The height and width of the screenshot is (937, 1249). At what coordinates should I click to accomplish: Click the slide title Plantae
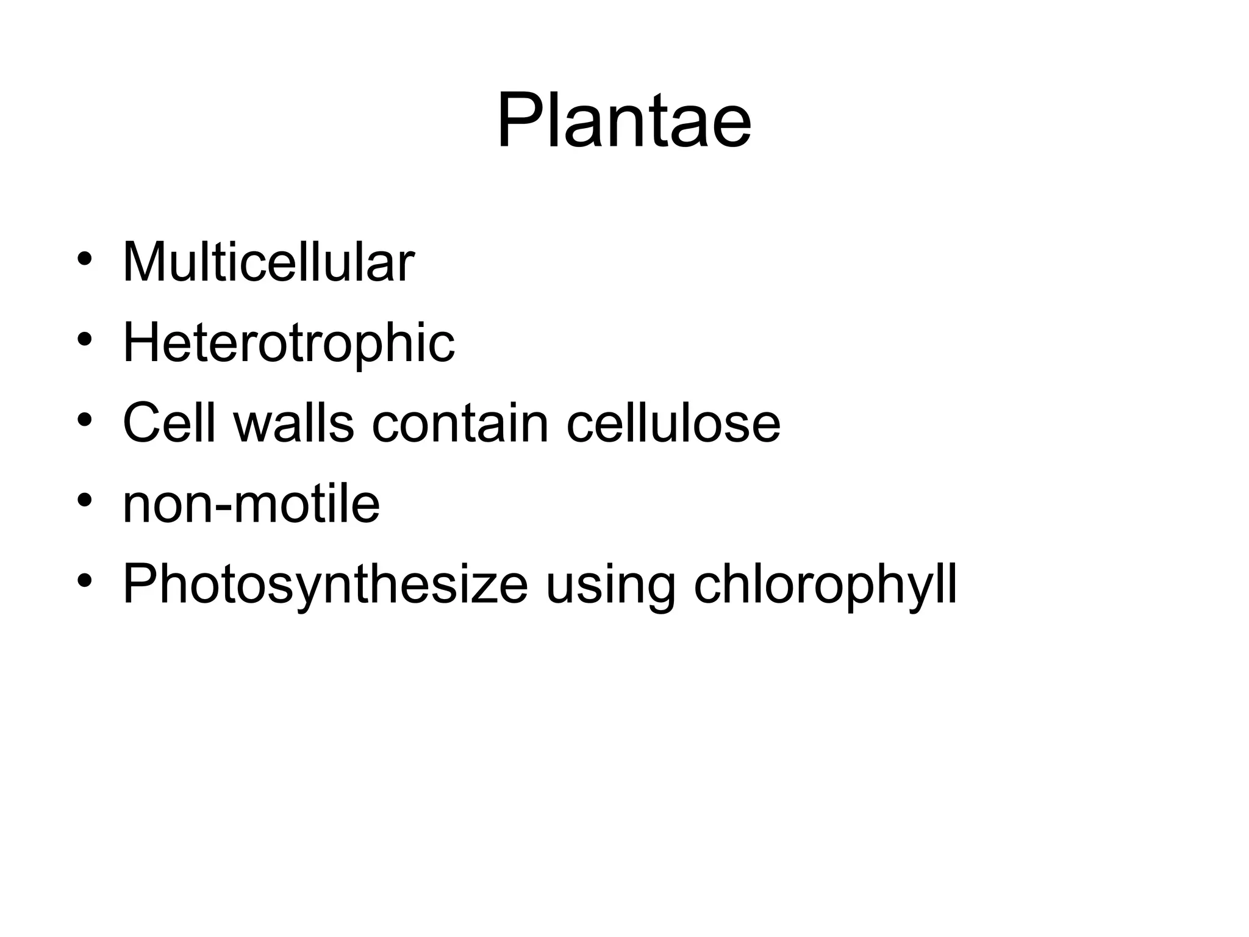[624, 120]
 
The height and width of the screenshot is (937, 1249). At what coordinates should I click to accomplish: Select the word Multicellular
[268, 262]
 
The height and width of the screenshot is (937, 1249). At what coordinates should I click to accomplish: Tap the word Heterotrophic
[288, 343]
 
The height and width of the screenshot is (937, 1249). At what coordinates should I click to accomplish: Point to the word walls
[293, 423]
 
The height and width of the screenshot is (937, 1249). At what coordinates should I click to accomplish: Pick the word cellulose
[673, 423]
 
